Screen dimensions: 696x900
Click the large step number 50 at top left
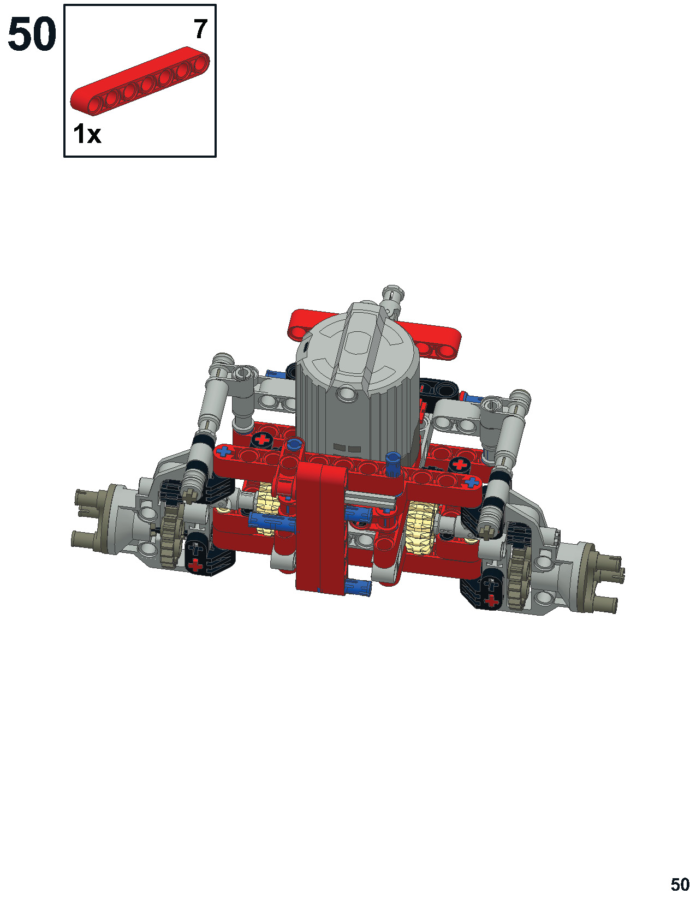pos(32,34)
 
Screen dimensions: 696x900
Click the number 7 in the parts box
pos(200,30)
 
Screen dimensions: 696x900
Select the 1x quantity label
pos(87,134)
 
